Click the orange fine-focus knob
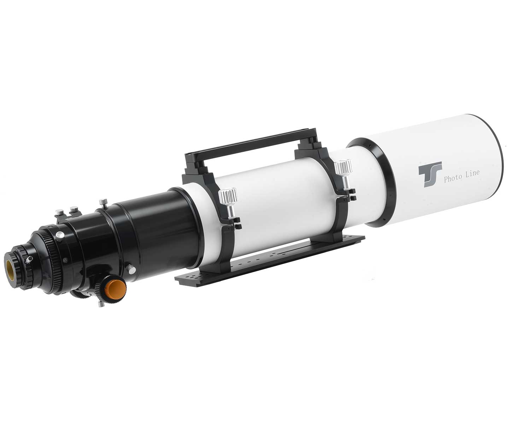(x=117, y=288)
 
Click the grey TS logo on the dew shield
(x=430, y=174)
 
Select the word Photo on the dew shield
(x=453, y=179)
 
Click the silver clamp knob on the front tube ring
(x=344, y=172)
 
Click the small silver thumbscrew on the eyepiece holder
(x=30, y=259)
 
